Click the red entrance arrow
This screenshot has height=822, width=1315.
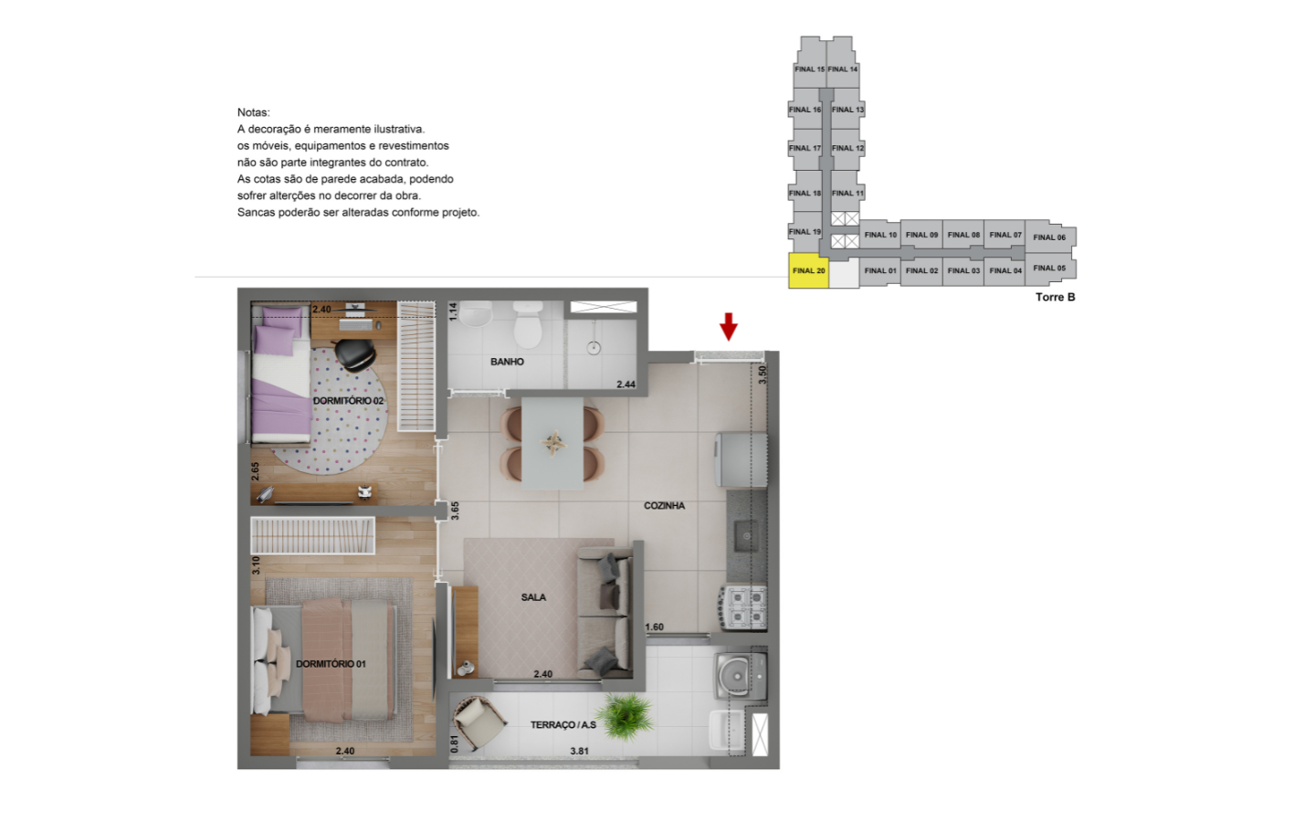point(729,326)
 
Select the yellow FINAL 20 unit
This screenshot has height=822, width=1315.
point(808,270)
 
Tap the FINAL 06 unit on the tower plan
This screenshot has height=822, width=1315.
point(1050,237)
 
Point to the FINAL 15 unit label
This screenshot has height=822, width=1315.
point(809,69)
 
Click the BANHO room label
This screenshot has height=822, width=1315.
point(507,362)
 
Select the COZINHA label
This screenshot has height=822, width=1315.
point(664,506)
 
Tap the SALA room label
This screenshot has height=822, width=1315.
point(533,597)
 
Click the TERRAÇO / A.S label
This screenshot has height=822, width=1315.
point(563,725)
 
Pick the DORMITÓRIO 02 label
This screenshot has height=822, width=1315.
point(348,401)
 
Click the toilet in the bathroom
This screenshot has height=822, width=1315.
point(528,324)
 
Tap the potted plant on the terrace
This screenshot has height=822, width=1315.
point(627,717)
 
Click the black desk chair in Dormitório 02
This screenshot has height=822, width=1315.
point(356,354)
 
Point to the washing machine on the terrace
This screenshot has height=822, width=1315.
point(742,675)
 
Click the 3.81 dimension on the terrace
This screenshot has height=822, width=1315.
point(579,751)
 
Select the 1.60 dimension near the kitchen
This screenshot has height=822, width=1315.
point(655,627)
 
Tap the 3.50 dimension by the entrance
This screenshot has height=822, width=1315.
point(763,374)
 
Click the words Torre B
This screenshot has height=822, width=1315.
point(1056,297)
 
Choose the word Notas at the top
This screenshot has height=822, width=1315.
point(254,112)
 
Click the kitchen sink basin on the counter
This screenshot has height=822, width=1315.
point(747,536)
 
